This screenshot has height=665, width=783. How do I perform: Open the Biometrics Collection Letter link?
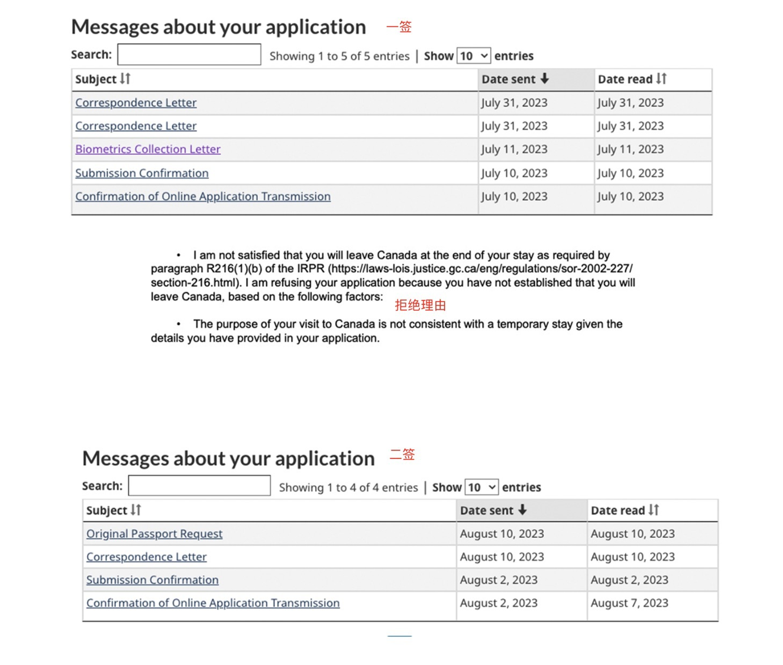pyautogui.click(x=148, y=149)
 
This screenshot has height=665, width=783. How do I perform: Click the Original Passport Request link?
pyautogui.click(x=154, y=534)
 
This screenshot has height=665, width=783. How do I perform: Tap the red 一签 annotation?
pyautogui.click(x=399, y=27)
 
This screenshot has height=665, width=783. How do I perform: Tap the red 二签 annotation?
pyautogui.click(x=402, y=454)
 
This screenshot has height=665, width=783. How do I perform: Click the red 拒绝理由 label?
pyautogui.click(x=420, y=305)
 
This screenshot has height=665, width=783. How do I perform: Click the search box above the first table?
pyautogui.click(x=189, y=54)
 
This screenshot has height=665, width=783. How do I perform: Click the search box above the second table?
pyautogui.click(x=199, y=486)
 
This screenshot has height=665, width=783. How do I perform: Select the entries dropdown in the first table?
pyautogui.click(x=474, y=56)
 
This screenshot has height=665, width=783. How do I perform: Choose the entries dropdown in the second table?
pyautogui.click(x=481, y=487)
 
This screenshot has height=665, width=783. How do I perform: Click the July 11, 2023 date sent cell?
pyautogui.click(x=514, y=149)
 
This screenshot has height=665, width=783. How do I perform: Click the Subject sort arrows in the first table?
pyautogui.click(x=125, y=79)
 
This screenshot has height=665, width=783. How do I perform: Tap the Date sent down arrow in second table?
pyautogui.click(x=522, y=510)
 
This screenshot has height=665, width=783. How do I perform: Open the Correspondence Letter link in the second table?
pyautogui.click(x=146, y=557)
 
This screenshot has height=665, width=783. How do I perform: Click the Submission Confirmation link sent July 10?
pyautogui.click(x=142, y=173)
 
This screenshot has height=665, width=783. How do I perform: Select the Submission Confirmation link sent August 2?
pyautogui.click(x=152, y=580)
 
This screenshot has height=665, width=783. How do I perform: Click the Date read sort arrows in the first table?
pyautogui.click(x=661, y=79)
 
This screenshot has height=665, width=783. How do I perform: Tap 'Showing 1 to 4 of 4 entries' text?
pyautogui.click(x=348, y=487)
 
